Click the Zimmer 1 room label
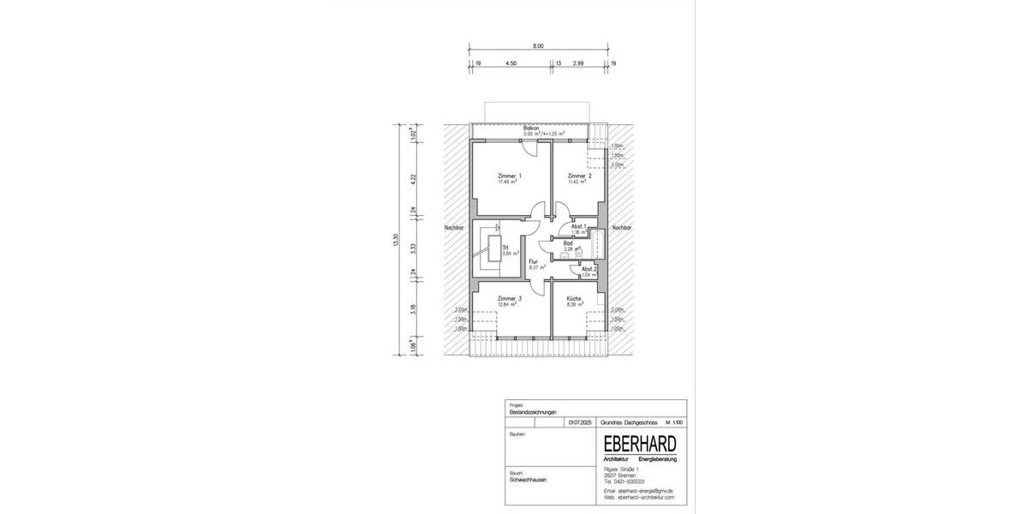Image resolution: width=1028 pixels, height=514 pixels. point(510,175)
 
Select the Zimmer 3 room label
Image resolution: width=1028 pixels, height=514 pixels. point(510,298)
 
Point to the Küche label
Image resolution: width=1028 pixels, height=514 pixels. point(574,298)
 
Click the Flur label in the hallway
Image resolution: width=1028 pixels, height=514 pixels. point(533,260)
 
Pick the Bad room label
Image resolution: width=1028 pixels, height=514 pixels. point(567,243)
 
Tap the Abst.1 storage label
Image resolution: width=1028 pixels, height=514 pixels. point(578,226)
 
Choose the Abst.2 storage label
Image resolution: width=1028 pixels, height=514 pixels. point(589,269)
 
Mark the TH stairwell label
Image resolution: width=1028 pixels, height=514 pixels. point(505,248)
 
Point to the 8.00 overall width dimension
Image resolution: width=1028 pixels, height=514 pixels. point(537,45)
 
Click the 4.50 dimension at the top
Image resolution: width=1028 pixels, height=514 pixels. point(511,63)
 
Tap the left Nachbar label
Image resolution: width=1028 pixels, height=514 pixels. point(454,229)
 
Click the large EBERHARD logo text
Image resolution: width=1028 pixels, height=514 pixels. point(640,443)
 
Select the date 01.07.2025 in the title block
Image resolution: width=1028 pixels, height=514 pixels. point(579,422)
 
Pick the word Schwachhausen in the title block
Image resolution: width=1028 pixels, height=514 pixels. point(528,480)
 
